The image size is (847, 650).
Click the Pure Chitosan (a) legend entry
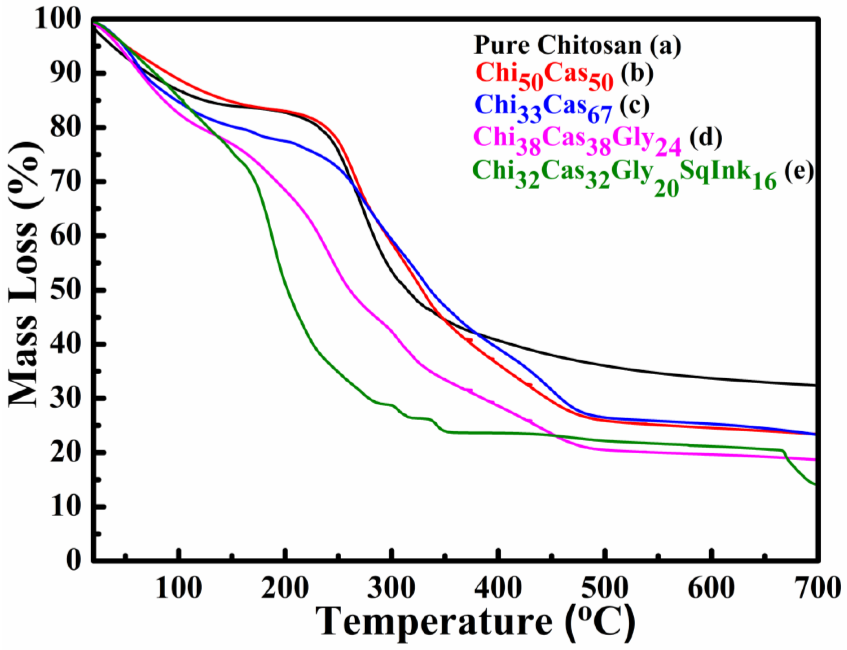tap(577, 45)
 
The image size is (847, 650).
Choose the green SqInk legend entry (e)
tap(643, 174)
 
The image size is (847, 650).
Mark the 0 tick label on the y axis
tap(74, 560)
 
